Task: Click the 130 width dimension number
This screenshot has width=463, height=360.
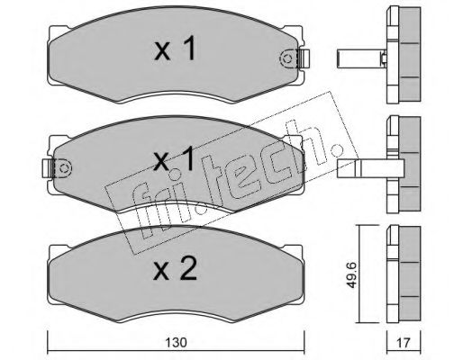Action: click(176, 342)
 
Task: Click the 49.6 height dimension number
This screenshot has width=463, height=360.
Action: click(351, 274)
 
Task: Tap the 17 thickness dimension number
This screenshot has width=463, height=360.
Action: click(404, 342)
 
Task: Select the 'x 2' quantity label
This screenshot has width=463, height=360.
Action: click(176, 268)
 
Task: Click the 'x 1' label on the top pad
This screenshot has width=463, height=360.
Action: click(176, 48)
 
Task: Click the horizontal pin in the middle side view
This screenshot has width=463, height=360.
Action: click(371, 168)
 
